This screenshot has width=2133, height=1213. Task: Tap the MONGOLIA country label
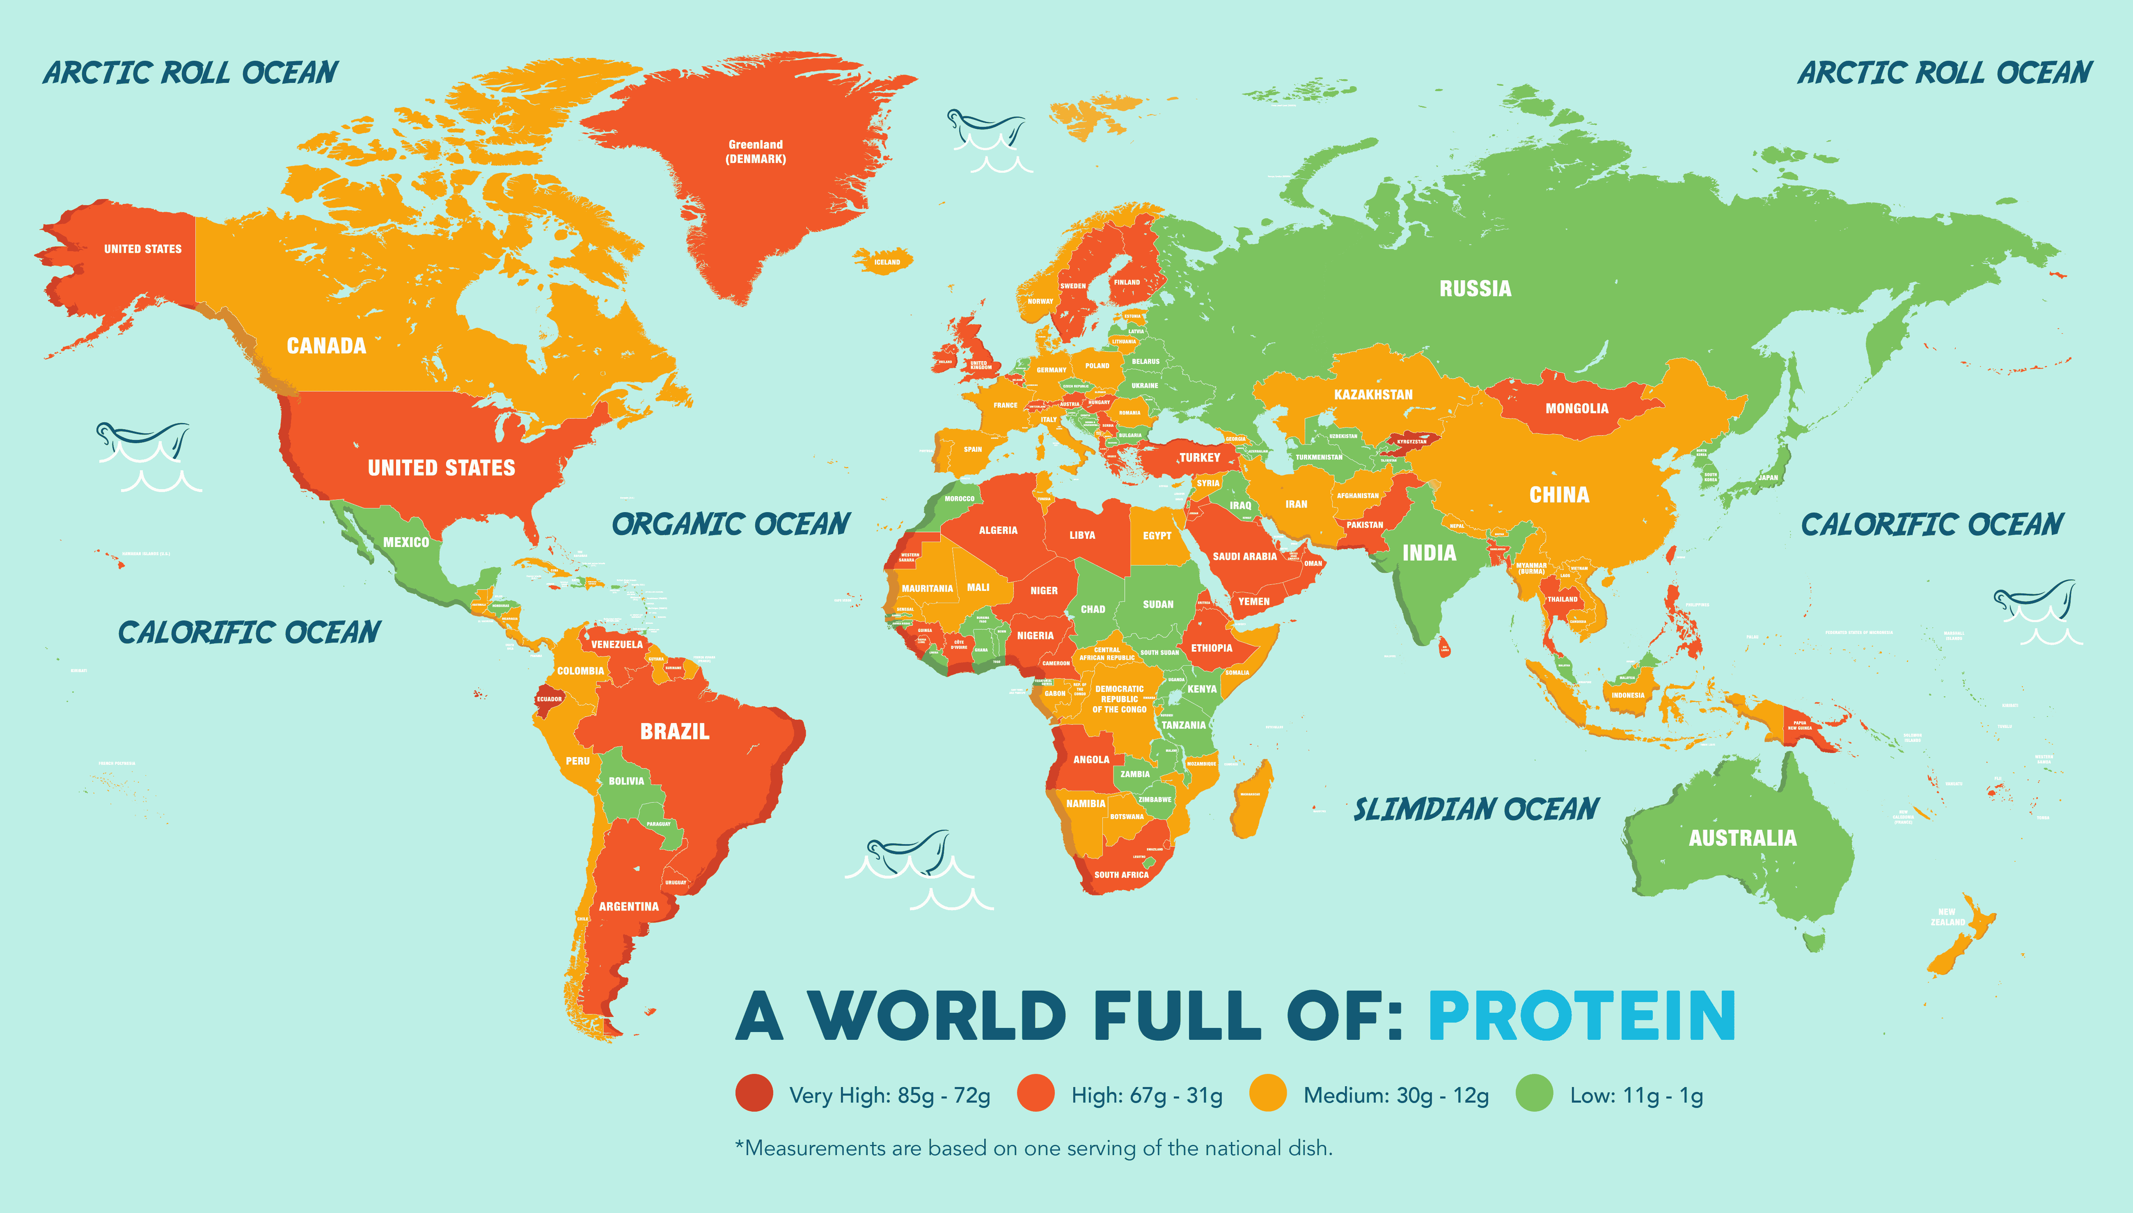coord(1576,408)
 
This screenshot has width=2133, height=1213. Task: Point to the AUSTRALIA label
coord(1742,838)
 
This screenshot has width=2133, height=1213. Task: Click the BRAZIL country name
coord(674,732)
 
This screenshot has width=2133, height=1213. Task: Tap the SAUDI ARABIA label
coord(1244,556)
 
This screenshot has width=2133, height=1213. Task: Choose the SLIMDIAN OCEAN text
coord(1475,809)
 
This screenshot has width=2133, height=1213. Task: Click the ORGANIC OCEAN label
coord(731,524)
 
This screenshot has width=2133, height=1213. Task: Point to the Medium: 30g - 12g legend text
coord(1395,1096)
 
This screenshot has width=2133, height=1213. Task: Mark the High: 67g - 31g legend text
coord(1146,1096)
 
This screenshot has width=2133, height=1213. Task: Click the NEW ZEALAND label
coord(1947,916)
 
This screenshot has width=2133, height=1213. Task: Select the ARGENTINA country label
coord(628,906)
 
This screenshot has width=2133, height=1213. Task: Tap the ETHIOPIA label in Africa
coord(1211,648)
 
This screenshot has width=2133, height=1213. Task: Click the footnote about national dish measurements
coord(1033,1148)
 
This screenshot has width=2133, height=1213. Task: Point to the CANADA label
coord(326,346)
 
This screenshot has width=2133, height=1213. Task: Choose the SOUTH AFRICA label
coord(1120,875)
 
